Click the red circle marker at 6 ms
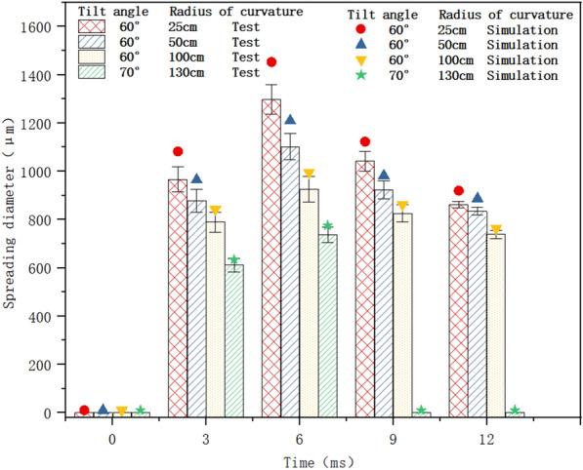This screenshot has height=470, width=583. pos(271,62)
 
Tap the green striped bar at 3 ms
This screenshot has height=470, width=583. pos(233,341)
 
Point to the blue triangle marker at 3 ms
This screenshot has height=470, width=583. pos(196,178)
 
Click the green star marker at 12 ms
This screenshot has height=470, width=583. pos(515,410)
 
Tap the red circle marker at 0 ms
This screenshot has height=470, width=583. pos(84,410)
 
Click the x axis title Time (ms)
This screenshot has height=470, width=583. pos(310,458)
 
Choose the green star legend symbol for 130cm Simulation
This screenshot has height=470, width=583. pos(365,74)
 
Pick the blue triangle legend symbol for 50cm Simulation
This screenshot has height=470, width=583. pos(365,43)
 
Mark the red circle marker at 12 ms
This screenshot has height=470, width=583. pos(459,191)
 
